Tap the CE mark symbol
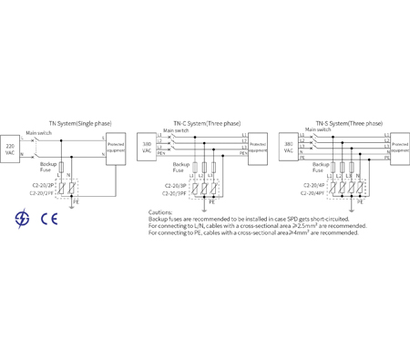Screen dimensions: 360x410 [42, 218]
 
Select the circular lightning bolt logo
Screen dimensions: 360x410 [21, 218]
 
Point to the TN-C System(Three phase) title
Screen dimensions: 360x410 [207, 121]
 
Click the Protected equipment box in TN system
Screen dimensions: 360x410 [117, 148]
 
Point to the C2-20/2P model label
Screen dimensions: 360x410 [40, 187]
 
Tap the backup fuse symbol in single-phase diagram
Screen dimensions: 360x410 [60, 169]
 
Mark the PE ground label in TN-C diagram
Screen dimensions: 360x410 [219, 203]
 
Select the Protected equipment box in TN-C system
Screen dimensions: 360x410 [257, 147]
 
